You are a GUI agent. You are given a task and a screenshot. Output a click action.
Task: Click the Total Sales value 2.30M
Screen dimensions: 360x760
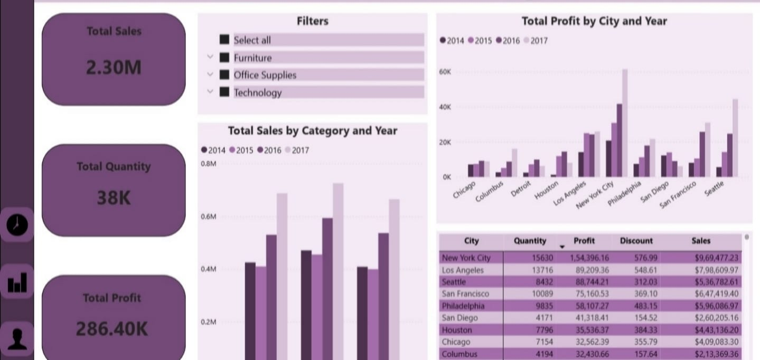(114, 68)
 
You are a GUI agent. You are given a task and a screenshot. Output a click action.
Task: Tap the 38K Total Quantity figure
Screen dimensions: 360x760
(114, 198)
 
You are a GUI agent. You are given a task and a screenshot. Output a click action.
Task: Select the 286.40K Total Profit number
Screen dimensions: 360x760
(112, 329)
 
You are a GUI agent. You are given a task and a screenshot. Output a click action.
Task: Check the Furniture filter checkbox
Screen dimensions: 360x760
(224, 58)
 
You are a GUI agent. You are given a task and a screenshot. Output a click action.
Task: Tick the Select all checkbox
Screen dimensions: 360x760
(224, 40)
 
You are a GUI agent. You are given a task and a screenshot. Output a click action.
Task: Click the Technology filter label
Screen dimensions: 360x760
(258, 93)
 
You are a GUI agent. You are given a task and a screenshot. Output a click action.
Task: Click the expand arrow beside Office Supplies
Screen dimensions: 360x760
(210, 74)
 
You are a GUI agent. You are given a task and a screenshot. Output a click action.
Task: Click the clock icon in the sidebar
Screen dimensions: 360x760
(17, 225)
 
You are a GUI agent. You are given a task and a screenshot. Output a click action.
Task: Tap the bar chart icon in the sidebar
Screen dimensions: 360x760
(17, 283)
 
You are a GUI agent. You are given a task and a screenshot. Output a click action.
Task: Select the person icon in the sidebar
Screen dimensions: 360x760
(17, 338)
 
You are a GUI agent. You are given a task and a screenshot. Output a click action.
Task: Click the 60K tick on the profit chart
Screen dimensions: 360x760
(445, 72)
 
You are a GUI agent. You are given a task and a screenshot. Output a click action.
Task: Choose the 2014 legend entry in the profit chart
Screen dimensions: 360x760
(452, 41)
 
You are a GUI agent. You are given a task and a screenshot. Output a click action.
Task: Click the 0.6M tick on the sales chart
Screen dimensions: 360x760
(209, 217)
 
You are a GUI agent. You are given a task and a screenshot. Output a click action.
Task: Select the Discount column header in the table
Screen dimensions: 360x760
(636, 241)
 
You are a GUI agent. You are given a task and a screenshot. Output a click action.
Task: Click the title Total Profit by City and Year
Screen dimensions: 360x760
(594, 21)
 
